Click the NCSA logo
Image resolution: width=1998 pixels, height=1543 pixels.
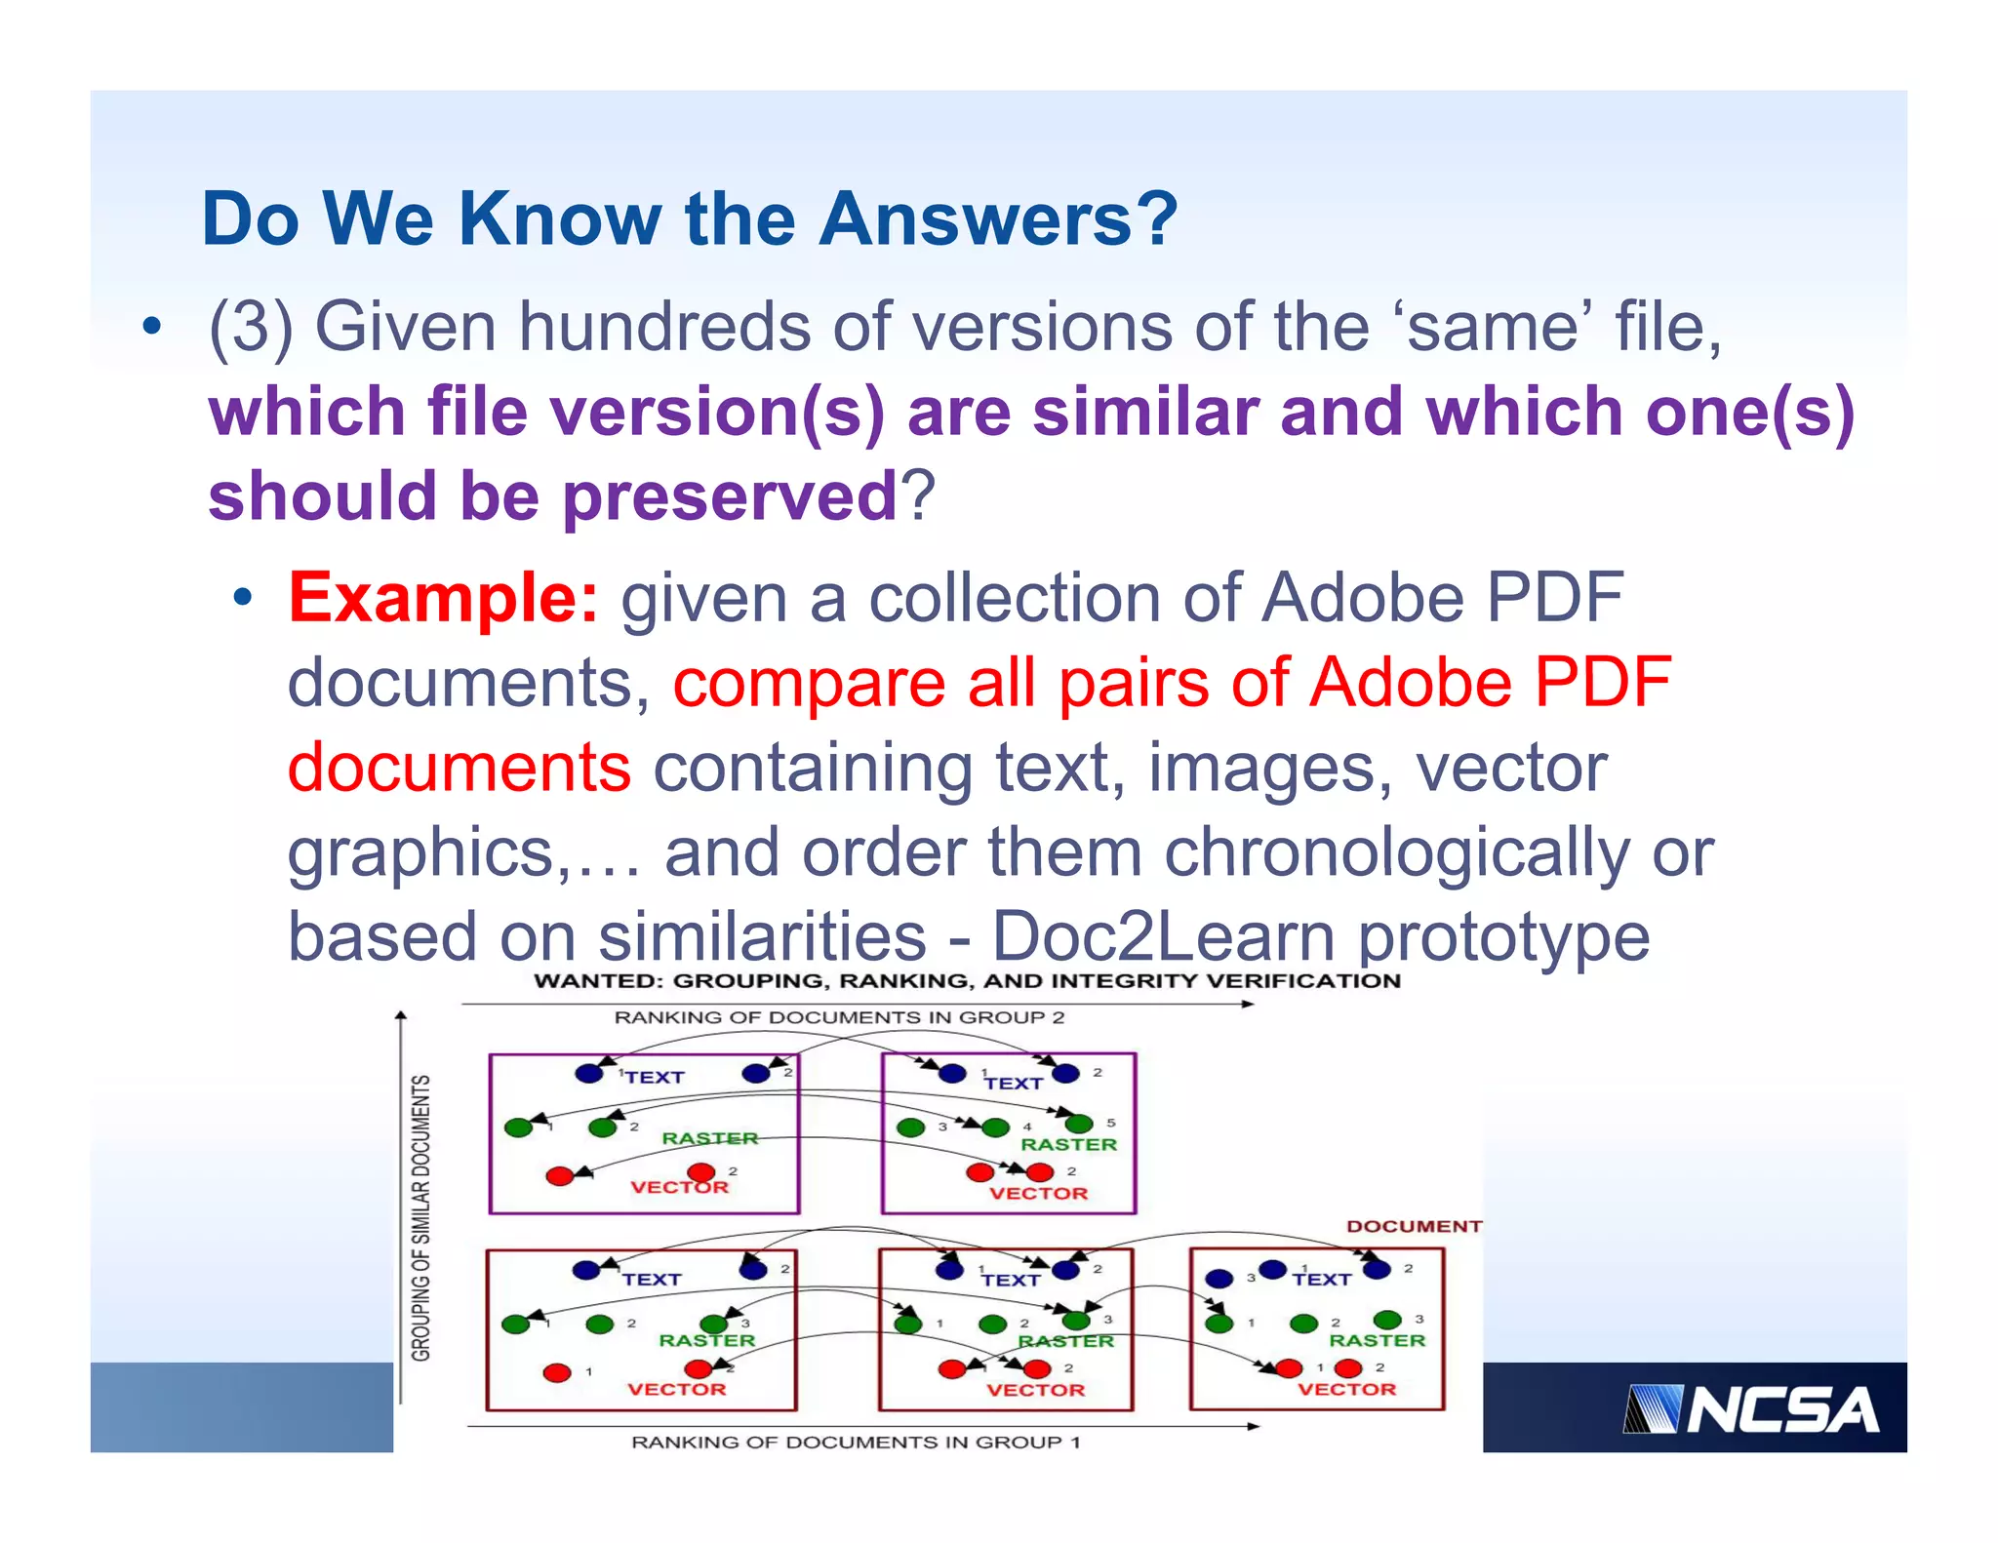coord(1751,1409)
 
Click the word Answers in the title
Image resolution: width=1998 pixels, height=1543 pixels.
coord(998,218)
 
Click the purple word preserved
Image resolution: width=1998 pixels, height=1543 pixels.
coord(730,495)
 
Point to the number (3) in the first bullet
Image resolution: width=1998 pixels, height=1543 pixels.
coord(251,327)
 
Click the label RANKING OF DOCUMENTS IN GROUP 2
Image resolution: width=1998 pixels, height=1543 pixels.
coord(839,1017)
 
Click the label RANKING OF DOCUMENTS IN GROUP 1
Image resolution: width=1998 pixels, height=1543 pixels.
coord(856,1442)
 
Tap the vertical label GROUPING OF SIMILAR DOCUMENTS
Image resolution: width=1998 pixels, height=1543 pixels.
coord(420,1217)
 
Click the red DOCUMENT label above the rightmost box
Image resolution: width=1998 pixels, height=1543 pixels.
coord(1414,1226)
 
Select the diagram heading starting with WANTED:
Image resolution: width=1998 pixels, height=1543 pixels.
coord(967,981)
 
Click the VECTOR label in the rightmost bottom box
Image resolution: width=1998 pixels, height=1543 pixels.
coord(1346,1389)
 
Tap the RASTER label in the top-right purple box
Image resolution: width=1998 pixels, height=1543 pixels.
coord(1068,1144)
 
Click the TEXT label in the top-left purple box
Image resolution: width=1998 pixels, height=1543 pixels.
coord(655,1077)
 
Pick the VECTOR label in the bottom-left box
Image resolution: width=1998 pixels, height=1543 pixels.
coord(676,1389)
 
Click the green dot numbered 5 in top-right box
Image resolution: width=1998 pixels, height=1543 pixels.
coord(1079,1124)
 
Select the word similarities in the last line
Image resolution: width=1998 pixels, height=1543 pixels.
coord(762,936)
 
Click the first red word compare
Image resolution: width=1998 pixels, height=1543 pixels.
coord(809,683)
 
